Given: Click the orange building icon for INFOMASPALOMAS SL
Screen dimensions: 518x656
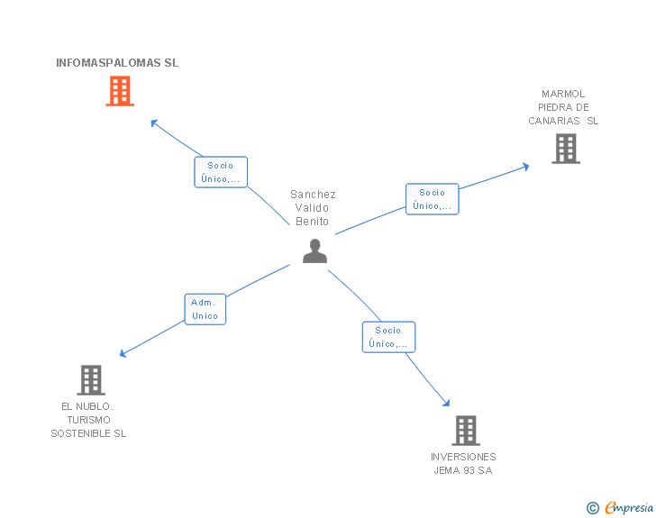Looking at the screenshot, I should pos(120,91).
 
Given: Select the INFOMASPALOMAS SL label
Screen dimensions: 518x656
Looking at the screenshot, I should pos(117,63).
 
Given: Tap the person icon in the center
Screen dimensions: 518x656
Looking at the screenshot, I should pos(314,251).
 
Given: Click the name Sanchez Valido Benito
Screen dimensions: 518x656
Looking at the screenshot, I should pos(313,208).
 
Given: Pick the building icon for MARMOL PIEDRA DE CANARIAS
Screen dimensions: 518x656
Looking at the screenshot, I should pos(565,149).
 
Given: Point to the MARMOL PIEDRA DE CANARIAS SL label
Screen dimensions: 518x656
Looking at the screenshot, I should pos(563,107).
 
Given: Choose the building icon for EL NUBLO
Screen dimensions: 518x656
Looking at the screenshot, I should pos(91,380).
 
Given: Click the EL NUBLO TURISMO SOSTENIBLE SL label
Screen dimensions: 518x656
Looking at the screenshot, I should pos(88,420).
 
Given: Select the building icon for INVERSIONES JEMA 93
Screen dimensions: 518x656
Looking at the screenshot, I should pos(465,431).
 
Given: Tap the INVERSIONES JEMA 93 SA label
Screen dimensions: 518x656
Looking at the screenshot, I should pos(463,464).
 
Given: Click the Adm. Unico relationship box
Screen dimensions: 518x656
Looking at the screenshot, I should pos(205,309).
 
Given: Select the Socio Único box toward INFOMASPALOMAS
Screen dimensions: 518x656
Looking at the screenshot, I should pos(220,172).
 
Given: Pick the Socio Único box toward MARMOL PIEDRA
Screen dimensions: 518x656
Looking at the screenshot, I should pos(432,199).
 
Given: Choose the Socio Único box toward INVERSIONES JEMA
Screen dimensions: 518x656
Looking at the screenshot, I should pos(388,337).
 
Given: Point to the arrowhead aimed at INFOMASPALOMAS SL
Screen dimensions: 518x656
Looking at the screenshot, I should pos(154,123).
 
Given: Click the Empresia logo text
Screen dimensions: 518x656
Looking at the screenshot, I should pos(629,508).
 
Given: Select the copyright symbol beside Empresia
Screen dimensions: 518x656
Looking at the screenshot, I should pos(592,509).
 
